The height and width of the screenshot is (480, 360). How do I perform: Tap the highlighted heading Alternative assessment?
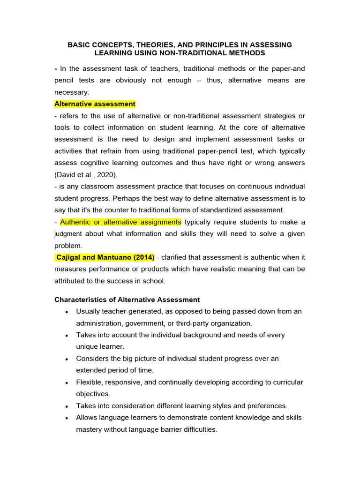(x=95, y=104)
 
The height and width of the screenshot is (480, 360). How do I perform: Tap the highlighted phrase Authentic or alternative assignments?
(x=120, y=222)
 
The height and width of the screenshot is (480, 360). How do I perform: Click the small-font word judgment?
(x=68, y=234)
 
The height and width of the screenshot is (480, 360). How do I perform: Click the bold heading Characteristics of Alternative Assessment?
(x=127, y=300)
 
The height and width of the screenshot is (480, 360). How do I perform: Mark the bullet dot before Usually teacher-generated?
(x=68, y=312)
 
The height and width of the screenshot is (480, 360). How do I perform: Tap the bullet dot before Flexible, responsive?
(x=68, y=383)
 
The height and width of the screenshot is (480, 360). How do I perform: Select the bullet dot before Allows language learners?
(x=68, y=418)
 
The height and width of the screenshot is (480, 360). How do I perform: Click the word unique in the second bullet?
(x=87, y=346)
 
